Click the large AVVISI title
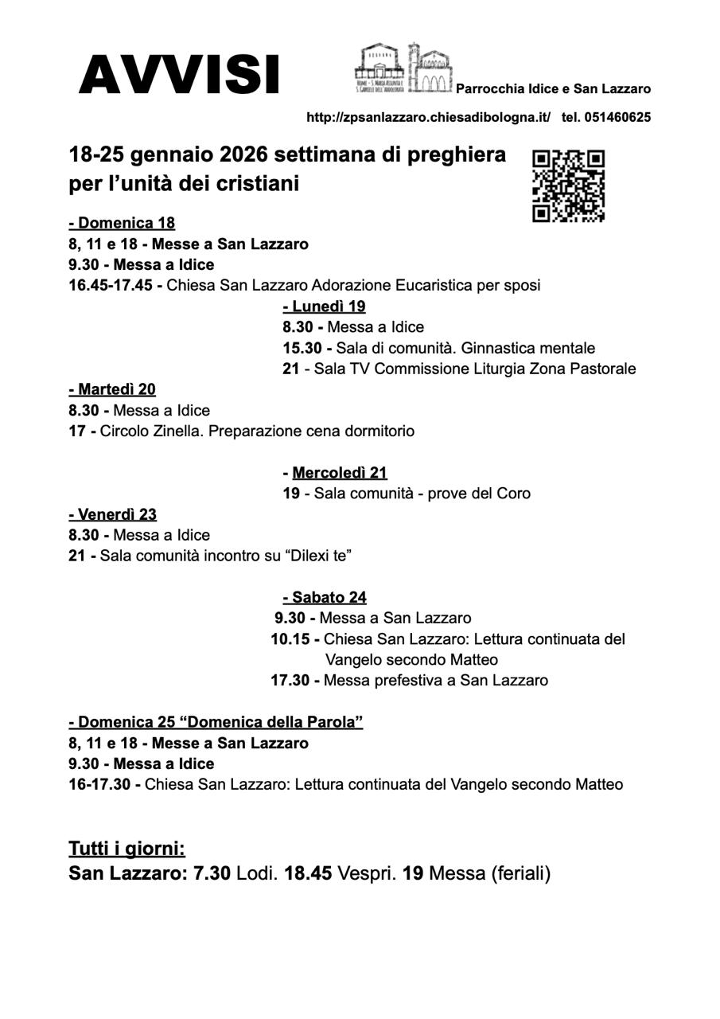[179, 75]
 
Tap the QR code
[568, 185]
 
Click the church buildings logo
[403, 69]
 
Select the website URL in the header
[428, 117]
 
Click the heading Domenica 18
[122, 223]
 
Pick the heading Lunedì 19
[325, 306]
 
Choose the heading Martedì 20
[112, 389]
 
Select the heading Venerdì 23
[113, 514]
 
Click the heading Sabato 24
[325, 597]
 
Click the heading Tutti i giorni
[126, 848]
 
